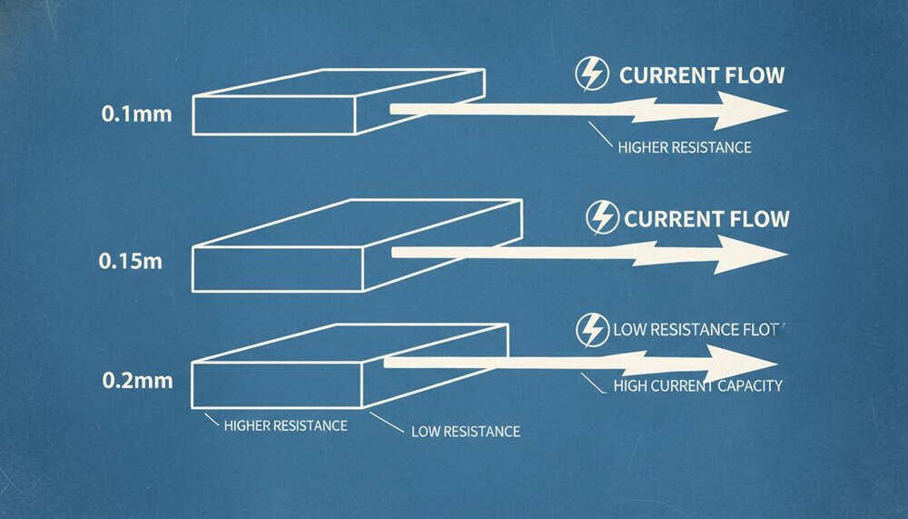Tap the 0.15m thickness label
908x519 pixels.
pyautogui.click(x=130, y=262)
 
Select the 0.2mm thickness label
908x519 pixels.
pyautogui.click(x=136, y=379)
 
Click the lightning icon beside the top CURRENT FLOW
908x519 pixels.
pyautogui.click(x=592, y=75)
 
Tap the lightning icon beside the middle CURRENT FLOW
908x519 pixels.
pyautogui.click(x=602, y=218)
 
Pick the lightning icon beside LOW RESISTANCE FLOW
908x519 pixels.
pyautogui.click(x=593, y=330)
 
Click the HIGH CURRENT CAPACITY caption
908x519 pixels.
pyautogui.click(x=697, y=385)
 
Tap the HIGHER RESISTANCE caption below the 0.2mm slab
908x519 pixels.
pyautogui.click(x=285, y=424)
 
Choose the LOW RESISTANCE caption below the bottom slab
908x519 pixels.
pyautogui.click(x=465, y=431)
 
